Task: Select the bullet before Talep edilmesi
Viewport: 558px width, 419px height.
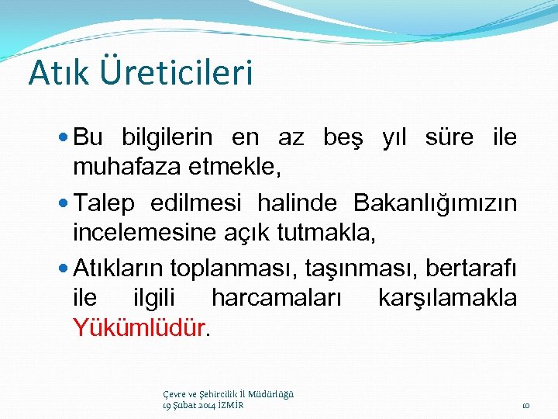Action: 64,203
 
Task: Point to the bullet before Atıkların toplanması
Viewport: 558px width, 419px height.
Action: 64,268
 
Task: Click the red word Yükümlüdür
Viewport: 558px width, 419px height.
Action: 139,327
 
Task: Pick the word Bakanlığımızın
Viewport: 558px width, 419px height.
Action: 435,203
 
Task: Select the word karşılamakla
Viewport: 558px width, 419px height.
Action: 446,297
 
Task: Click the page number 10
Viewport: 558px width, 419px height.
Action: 525,405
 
